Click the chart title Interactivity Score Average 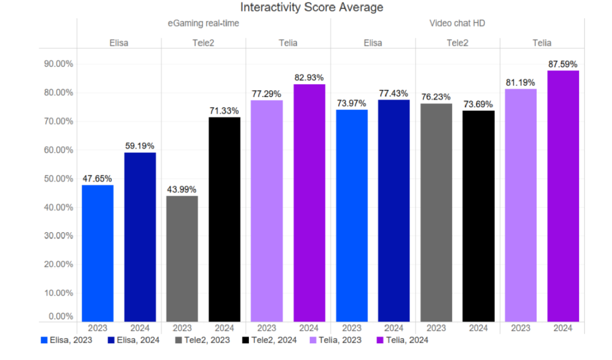tap(312, 7)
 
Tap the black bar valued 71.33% tap(224, 219)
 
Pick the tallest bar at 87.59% tap(563, 196)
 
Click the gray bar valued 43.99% tap(182, 258)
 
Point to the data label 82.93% tap(309, 77)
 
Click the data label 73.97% tap(351, 102)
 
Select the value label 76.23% tap(436, 97)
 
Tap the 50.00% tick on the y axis tap(58, 179)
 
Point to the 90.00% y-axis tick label tap(58, 64)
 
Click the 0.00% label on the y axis tap(60, 317)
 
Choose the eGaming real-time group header tap(203, 23)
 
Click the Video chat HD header tap(457, 23)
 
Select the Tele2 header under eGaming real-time tap(203, 43)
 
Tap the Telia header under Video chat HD tap(542, 43)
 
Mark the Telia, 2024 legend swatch tap(380, 340)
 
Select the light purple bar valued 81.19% tap(521, 205)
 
